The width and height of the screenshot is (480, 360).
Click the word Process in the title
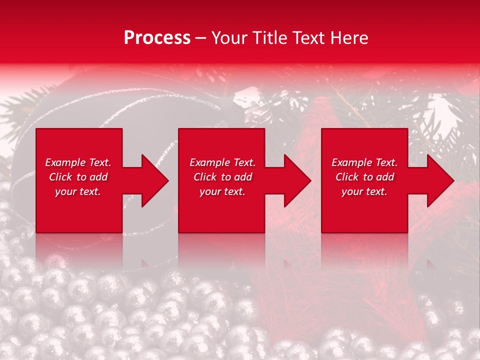click(x=157, y=38)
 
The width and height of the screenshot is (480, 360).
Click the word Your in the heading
click(x=229, y=38)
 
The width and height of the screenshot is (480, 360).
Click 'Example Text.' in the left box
click(x=78, y=162)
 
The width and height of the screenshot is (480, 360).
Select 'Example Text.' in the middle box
click(x=222, y=162)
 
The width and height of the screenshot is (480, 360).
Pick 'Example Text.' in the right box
click(x=364, y=162)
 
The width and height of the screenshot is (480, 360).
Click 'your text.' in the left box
click(x=78, y=191)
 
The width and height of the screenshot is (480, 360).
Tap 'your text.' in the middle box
click(x=222, y=191)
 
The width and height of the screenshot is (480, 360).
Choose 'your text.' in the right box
click(x=364, y=191)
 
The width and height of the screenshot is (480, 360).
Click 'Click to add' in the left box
click(x=78, y=177)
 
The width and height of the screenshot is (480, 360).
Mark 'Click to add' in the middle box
click(x=222, y=177)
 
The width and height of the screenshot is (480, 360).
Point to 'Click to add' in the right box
click(x=364, y=177)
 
